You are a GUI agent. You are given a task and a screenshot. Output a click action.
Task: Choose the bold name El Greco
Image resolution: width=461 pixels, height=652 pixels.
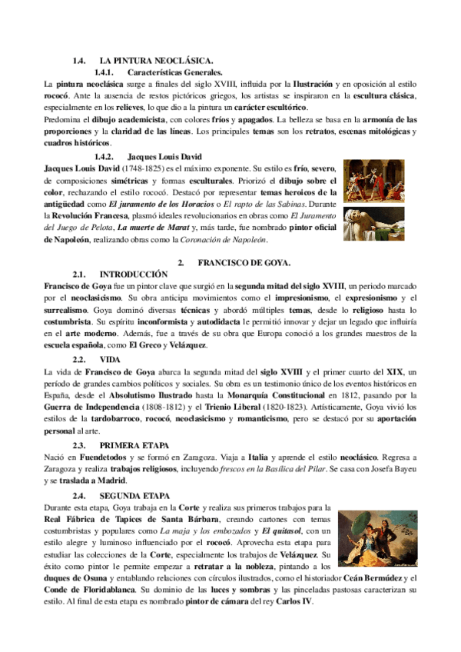(145, 346)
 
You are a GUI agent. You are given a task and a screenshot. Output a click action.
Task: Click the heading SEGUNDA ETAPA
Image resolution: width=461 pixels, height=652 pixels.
(138, 496)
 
